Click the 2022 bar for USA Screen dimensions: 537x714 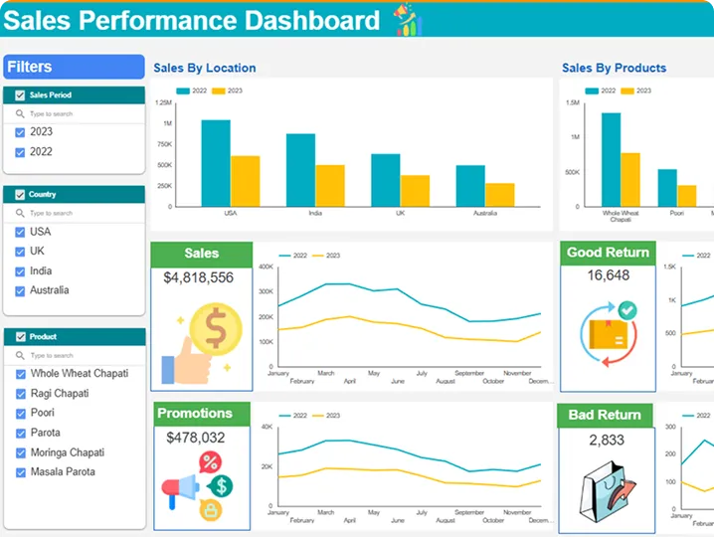[216, 162]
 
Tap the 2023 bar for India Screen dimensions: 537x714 [330, 185]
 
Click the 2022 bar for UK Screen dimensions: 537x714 [386, 179]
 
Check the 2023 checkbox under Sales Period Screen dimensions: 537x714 [20, 132]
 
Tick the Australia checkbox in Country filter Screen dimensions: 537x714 [20, 291]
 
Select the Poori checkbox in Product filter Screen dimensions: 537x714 [20, 414]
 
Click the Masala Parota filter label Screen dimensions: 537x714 [63, 471]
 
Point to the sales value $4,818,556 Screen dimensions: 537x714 [199, 278]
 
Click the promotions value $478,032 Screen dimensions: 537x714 [196, 438]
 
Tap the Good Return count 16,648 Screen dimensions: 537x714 [608, 275]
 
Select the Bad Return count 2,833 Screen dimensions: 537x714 [607, 440]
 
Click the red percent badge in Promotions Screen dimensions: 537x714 [210, 461]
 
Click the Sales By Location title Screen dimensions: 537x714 [204, 69]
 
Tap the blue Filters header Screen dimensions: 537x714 [74, 67]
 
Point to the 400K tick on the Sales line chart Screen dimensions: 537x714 [266, 267]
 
